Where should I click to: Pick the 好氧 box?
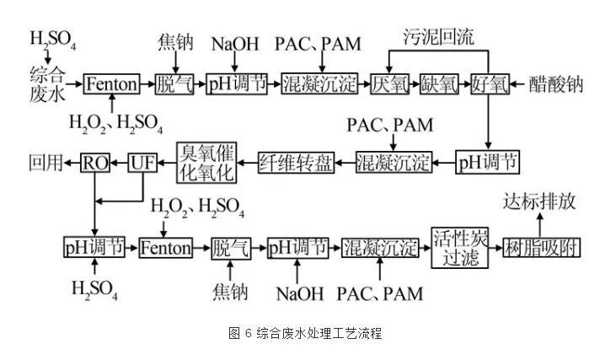489,84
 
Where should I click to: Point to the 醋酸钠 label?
556,84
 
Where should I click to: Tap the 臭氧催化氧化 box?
202,160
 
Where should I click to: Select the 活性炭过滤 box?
456,246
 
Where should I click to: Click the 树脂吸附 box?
541,247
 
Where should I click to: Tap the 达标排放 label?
539,202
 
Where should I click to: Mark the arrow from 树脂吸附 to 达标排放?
540,224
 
